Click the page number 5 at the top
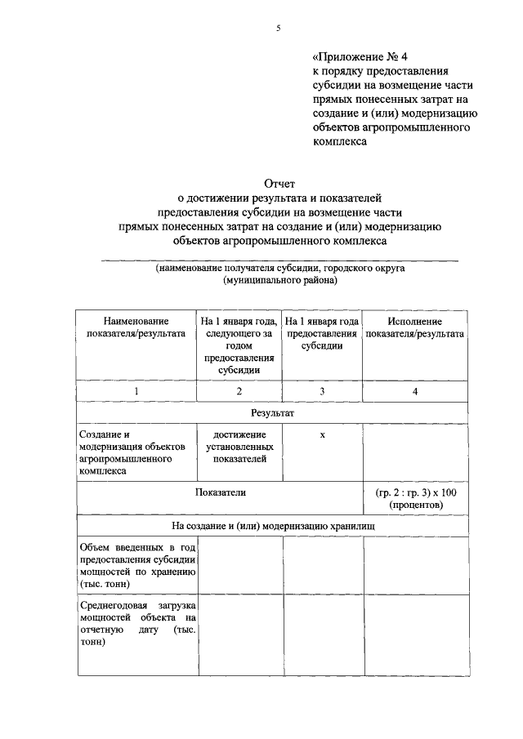pyautogui.click(x=278, y=28)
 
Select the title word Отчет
pyautogui.click(x=279, y=185)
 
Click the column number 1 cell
pyautogui.click(x=136, y=392)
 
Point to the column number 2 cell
pyautogui.click(x=239, y=392)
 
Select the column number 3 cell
pyautogui.click(x=322, y=392)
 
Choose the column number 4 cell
pyautogui.click(x=415, y=392)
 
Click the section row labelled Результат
pyautogui.click(x=273, y=414)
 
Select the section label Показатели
pyautogui.click(x=220, y=492)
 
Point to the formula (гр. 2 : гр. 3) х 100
pyautogui.click(x=415, y=498)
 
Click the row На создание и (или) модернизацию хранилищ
pyautogui.click(x=273, y=527)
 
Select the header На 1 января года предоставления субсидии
pyautogui.click(x=322, y=333)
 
